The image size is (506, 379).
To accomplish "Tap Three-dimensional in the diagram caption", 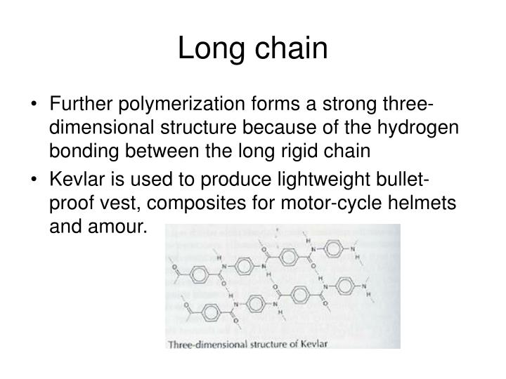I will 212,343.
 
